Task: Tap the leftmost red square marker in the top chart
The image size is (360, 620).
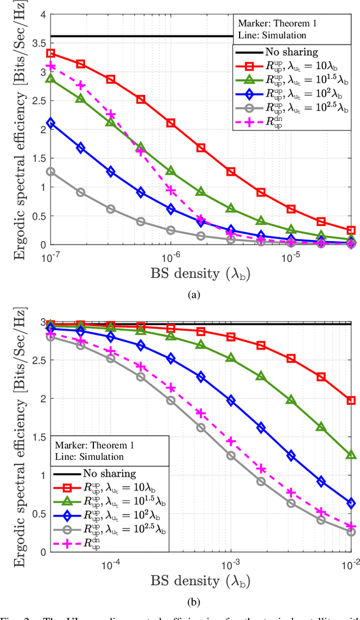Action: pyautogui.click(x=51, y=53)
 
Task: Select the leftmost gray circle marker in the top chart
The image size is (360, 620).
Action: pyautogui.click(x=51, y=171)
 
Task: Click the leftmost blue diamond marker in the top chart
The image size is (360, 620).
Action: pyautogui.click(x=51, y=123)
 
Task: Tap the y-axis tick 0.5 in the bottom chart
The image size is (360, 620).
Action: pyautogui.click(x=37, y=513)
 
